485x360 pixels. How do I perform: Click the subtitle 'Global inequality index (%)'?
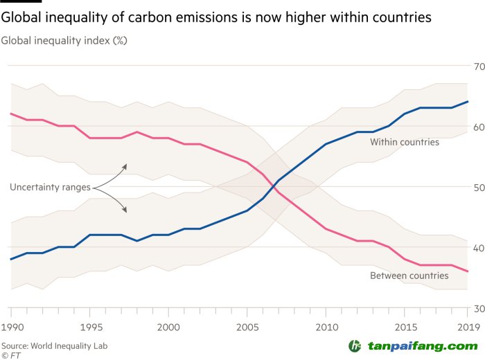point(64,40)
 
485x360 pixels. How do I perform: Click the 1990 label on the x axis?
point(11,325)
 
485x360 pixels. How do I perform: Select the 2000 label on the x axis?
point(168,325)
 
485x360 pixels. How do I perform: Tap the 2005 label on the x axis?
point(247,325)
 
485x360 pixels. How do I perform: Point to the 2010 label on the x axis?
point(325,325)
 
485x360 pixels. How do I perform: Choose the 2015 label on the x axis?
point(403,325)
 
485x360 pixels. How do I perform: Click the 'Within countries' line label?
point(405,142)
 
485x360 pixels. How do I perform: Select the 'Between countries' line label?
point(409,276)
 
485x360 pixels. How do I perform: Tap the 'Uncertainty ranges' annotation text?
point(51,187)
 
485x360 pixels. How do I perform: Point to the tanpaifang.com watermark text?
point(422,345)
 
